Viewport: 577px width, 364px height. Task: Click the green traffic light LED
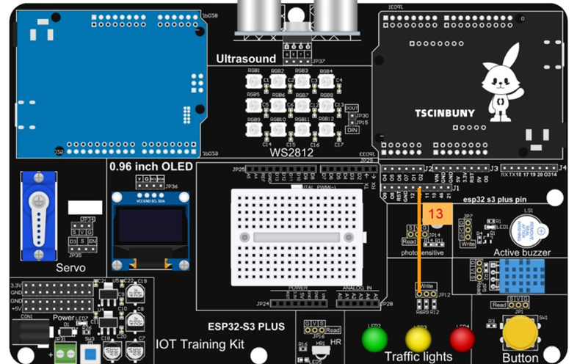[x=374, y=339]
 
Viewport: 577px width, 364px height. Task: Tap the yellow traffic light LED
[x=418, y=339]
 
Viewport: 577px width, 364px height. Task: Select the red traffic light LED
[x=462, y=339]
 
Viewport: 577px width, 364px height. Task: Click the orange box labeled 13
[x=436, y=214]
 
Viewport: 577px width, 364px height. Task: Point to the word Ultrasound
[x=246, y=59]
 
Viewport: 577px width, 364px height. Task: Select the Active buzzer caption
[x=522, y=252]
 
